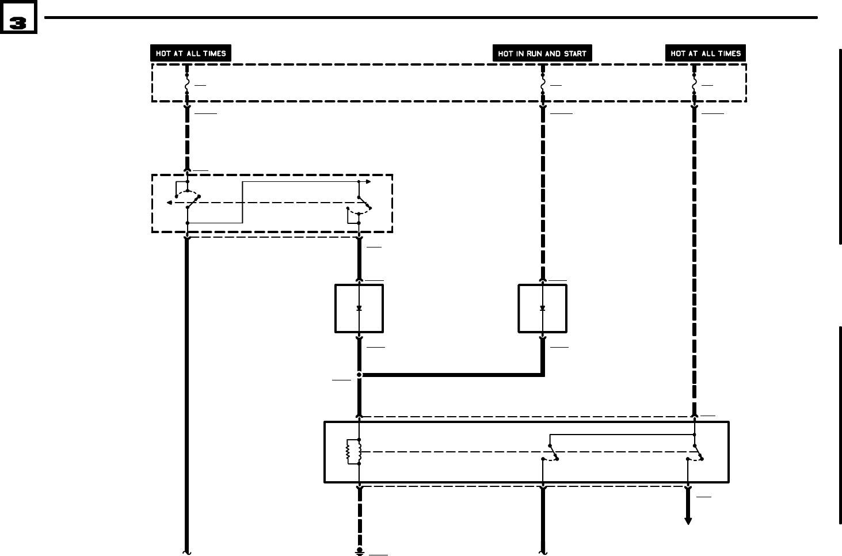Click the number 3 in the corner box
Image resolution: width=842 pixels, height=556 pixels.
coord(18,22)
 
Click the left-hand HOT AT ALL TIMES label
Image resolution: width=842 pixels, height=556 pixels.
coord(191,54)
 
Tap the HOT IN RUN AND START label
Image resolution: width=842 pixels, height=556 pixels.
coord(542,54)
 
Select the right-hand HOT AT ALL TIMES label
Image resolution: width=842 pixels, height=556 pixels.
coord(705,54)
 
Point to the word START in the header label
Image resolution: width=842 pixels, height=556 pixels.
coord(573,54)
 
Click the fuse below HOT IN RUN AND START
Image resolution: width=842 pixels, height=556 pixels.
coord(542,83)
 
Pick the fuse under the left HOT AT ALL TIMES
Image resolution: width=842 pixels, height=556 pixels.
coord(187,83)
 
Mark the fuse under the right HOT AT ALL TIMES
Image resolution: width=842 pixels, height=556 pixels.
coord(694,83)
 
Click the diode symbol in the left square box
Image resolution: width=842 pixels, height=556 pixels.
coord(359,308)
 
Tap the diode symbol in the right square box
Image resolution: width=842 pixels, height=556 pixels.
coord(542,308)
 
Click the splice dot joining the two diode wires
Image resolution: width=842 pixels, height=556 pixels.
coord(359,375)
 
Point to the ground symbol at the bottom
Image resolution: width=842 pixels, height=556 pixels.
coord(359,551)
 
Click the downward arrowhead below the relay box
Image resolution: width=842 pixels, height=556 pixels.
coord(688,521)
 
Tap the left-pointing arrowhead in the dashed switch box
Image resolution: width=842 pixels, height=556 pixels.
coord(169,203)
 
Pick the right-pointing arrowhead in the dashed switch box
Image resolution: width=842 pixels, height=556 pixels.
coord(368,182)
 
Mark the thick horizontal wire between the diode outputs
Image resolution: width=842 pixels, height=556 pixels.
coord(452,375)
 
